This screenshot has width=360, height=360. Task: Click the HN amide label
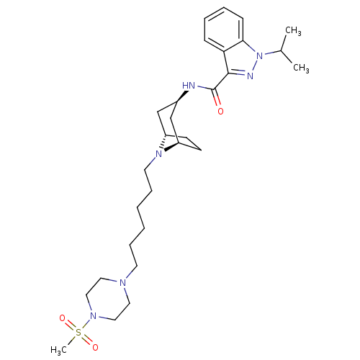189,85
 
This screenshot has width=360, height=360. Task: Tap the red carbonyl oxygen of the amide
220,112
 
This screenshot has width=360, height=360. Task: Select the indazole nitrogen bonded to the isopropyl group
260,56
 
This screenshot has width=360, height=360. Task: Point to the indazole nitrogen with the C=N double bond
250,76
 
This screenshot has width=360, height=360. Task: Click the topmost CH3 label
293,31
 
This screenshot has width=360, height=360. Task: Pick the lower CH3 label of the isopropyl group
301,68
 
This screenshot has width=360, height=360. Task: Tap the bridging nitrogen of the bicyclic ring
158,154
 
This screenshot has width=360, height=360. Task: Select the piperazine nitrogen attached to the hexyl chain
122,282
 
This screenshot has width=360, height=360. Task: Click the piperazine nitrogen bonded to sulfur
94,316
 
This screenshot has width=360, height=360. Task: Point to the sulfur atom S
78,333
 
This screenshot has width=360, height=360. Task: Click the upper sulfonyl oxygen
62,318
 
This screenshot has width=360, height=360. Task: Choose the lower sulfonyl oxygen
95,347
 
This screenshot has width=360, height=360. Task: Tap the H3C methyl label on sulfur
58,350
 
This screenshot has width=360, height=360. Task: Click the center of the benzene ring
224,30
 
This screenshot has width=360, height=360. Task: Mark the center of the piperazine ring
108,299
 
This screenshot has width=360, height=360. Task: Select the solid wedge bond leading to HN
182,96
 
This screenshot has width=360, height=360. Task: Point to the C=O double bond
216,98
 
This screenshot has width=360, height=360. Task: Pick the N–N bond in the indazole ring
255,66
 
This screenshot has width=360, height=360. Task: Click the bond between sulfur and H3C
71,340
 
